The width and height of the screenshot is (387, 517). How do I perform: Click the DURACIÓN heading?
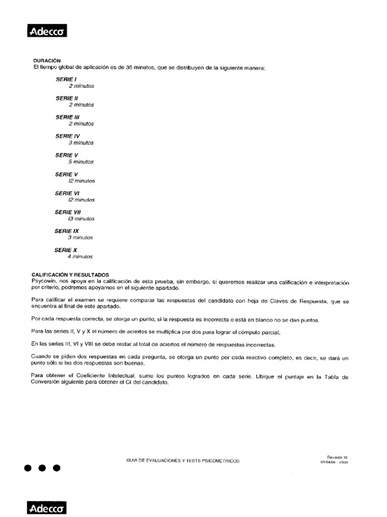coord(47,60)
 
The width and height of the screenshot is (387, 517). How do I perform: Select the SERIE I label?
coord(66,79)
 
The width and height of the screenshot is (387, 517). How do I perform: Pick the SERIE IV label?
coord(68,136)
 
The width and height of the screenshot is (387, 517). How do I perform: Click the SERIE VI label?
coord(68,193)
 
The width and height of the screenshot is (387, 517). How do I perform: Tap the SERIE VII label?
coord(68,212)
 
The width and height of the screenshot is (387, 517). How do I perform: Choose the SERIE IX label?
coord(67,231)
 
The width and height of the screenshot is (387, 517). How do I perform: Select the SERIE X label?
coord(66,250)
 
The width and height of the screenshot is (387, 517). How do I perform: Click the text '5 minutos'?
coord(81,162)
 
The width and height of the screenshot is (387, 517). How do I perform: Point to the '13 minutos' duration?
coord(81,219)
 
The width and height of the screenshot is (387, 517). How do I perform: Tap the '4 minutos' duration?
coord(81,256)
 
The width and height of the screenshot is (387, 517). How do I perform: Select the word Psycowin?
coord(43,281)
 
